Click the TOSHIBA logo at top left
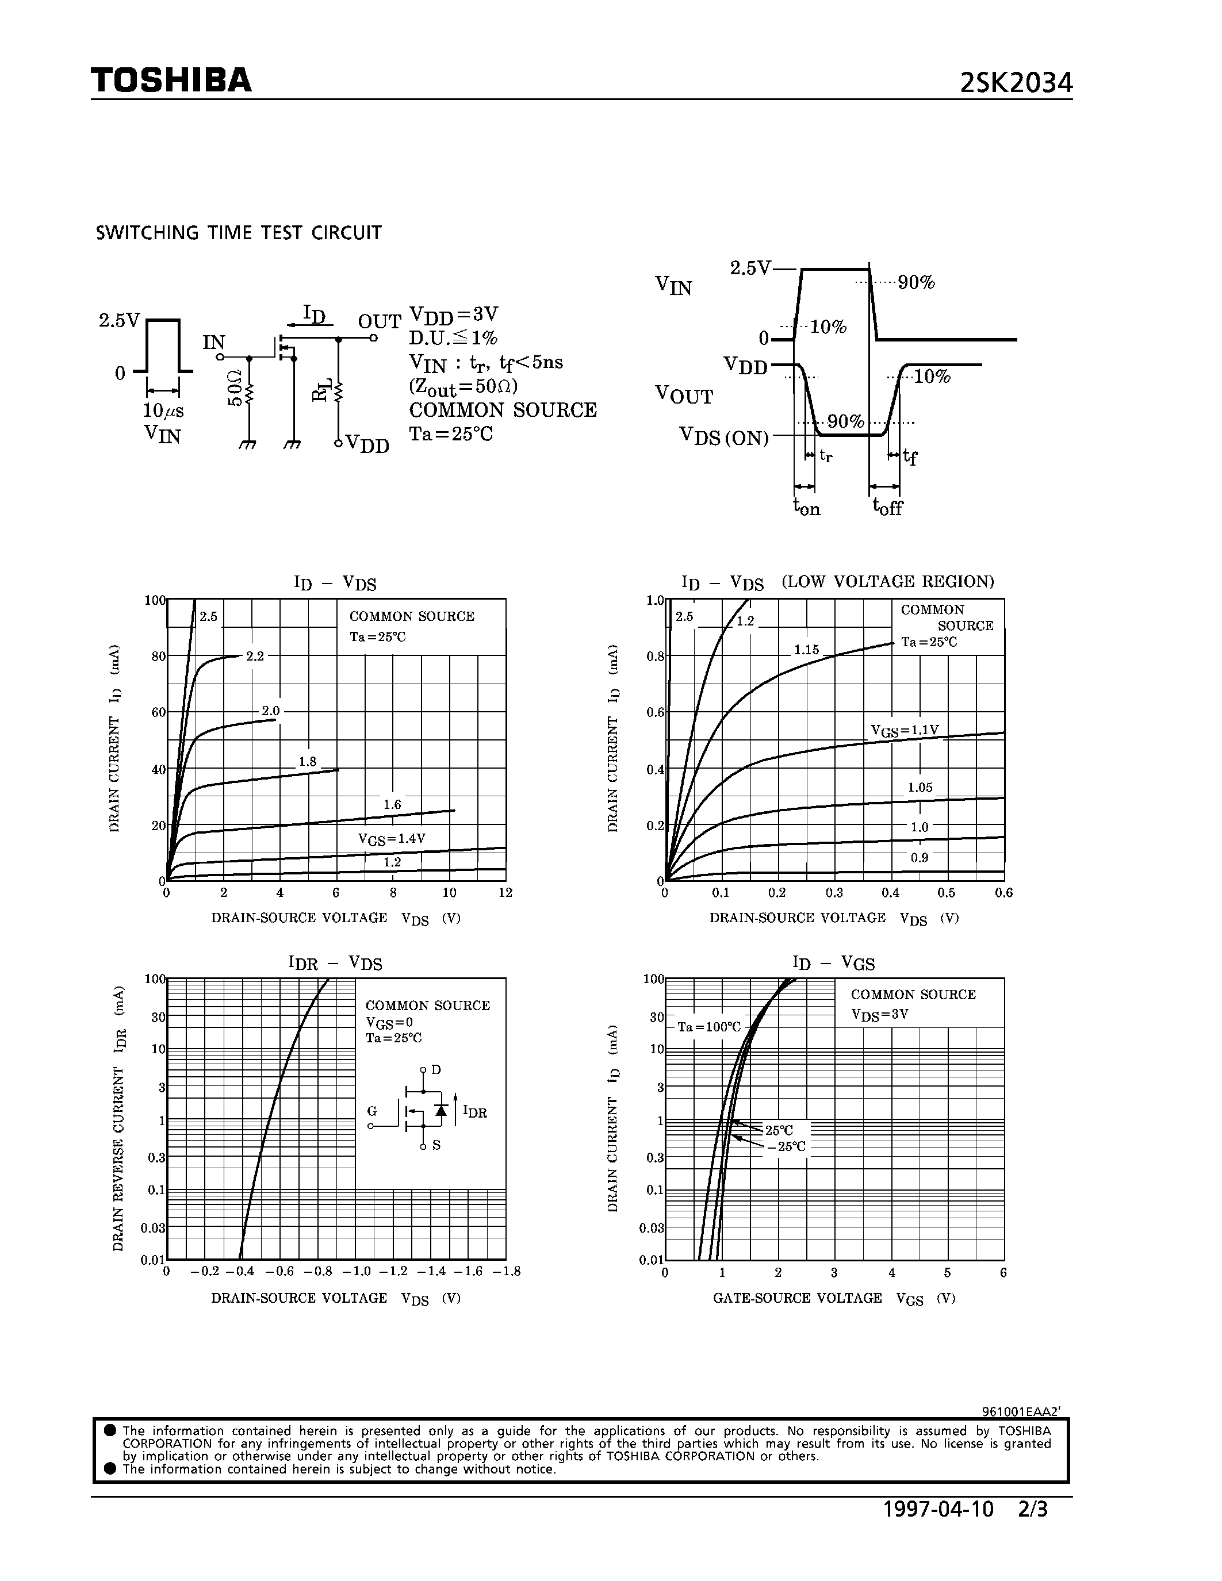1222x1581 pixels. pyautogui.click(x=171, y=80)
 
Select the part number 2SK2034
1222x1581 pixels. pyautogui.click(x=1016, y=84)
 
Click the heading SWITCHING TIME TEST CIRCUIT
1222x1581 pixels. pyautogui.click(x=239, y=233)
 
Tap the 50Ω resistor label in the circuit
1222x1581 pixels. pyautogui.click(x=234, y=388)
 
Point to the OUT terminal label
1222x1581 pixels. pyautogui.click(x=380, y=321)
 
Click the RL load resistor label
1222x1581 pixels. pyautogui.click(x=321, y=389)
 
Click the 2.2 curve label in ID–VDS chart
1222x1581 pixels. pyautogui.click(x=255, y=656)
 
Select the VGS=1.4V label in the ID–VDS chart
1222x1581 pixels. pyautogui.click(x=392, y=839)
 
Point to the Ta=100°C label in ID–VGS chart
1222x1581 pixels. pyautogui.click(x=710, y=1026)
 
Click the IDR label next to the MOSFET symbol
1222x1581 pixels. pyautogui.click(x=475, y=1112)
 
